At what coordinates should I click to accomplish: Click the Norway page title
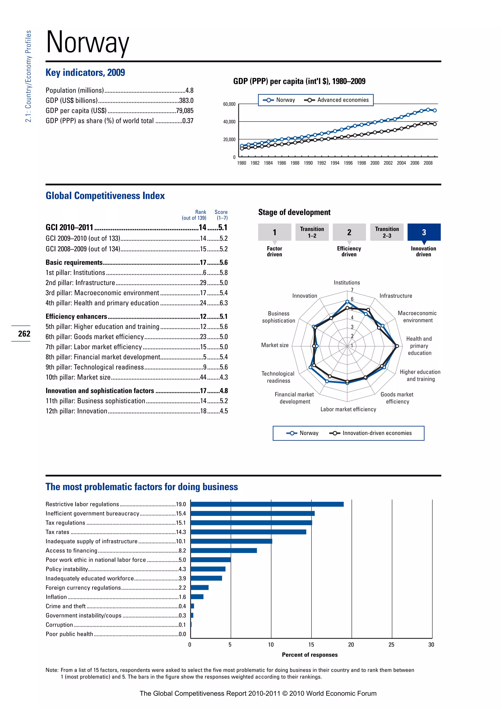click(88, 42)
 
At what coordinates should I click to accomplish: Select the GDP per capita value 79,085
click(185, 111)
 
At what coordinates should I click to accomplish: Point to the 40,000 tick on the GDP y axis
click(229, 122)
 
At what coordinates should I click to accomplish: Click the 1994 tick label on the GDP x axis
click(335, 163)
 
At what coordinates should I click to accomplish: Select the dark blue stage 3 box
click(424, 232)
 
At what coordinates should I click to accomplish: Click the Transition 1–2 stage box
click(312, 232)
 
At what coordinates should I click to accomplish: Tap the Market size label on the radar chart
click(275, 345)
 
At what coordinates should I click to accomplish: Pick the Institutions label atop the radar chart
click(347, 282)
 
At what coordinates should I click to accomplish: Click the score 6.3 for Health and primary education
click(224, 303)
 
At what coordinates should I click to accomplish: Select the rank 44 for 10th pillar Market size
click(203, 377)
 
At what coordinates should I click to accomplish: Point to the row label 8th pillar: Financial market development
click(103, 357)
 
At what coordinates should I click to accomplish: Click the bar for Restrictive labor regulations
click(267, 504)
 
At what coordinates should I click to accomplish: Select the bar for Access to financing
click(224, 550)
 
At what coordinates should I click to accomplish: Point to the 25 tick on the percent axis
click(391, 645)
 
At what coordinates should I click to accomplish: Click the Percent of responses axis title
click(310, 655)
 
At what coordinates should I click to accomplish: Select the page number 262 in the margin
click(24, 334)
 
